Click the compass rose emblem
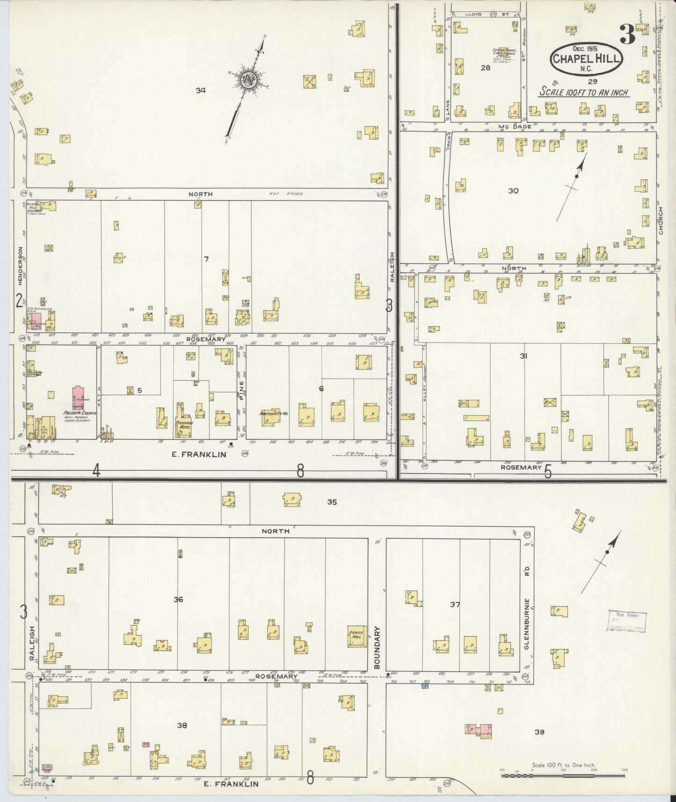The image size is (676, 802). pyautogui.click(x=247, y=79)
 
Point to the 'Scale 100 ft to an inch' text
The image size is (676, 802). pyautogui.click(x=584, y=92)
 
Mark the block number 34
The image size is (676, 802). pyautogui.click(x=201, y=90)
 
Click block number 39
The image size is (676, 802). pyautogui.click(x=539, y=732)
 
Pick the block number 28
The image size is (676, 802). pyautogui.click(x=485, y=68)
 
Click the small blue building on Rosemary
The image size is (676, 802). pyautogui.click(x=425, y=686)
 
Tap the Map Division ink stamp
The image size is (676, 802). pyautogui.click(x=627, y=621)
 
